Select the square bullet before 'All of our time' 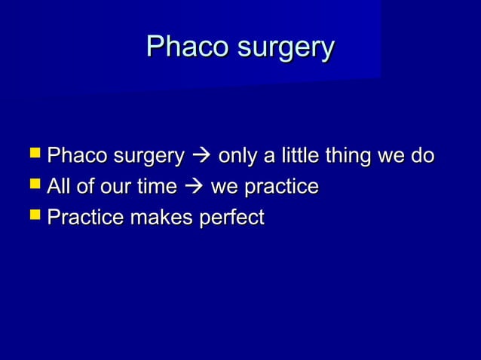[x=34, y=186]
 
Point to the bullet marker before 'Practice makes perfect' [x=34, y=218]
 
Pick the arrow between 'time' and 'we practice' [x=195, y=188]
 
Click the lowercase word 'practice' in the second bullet [x=281, y=187]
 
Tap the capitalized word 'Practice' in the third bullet [x=81, y=218]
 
